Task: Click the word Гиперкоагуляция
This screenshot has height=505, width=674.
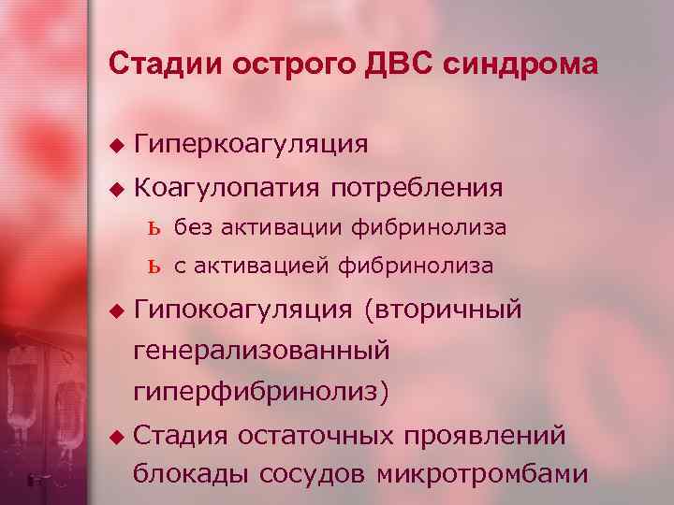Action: coord(250,144)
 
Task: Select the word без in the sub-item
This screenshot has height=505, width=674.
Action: coord(194,226)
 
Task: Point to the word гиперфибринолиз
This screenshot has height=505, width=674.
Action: coord(255,392)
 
